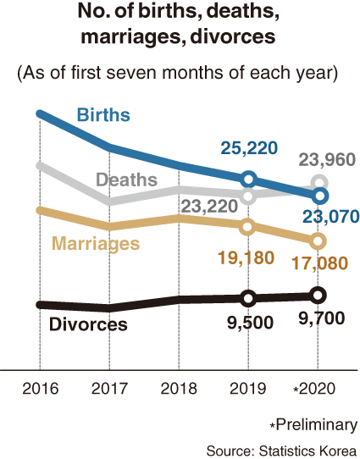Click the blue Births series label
pyautogui.click(x=103, y=114)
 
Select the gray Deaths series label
pyautogui.click(x=127, y=180)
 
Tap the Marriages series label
pyautogui.click(x=96, y=244)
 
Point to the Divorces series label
pyautogui.click(x=88, y=324)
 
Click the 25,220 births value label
pyautogui.click(x=249, y=148)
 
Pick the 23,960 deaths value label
pyautogui.click(x=327, y=160)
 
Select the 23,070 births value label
pyautogui.click(x=330, y=217)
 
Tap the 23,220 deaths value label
pyautogui.click(x=209, y=206)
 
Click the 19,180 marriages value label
pyautogui.click(x=246, y=258)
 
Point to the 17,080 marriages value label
pyautogui.click(x=320, y=263)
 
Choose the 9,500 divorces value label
pyautogui.click(x=250, y=323)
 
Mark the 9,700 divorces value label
pyautogui.click(x=321, y=318)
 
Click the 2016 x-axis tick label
pyautogui.click(x=41, y=389)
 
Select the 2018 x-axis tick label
pyautogui.click(x=179, y=389)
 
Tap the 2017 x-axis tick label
pyautogui.click(x=109, y=389)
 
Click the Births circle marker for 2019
pyautogui.click(x=248, y=180)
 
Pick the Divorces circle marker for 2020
pyautogui.click(x=318, y=296)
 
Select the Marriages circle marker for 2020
pyautogui.click(x=318, y=241)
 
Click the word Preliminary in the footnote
pyautogui.click(x=317, y=425)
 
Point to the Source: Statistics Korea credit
pyautogui.click(x=282, y=451)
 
